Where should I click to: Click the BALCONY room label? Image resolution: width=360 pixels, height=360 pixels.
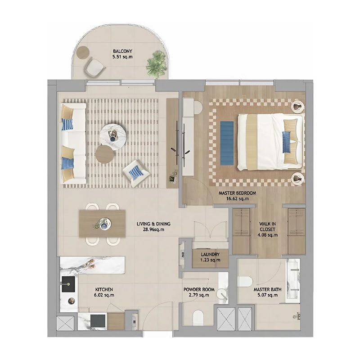122,51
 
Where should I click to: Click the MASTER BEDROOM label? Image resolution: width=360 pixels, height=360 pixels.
237,193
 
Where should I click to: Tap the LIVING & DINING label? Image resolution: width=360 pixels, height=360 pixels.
153,224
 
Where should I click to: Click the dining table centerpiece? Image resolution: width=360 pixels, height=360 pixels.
103,223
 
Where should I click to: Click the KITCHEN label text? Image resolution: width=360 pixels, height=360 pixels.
103,289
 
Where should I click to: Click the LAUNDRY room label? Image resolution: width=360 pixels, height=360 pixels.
210,255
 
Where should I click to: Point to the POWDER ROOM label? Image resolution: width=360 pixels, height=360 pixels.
198,289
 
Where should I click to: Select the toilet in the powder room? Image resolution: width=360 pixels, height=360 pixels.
198,318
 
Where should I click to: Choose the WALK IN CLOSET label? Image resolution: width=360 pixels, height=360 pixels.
267,229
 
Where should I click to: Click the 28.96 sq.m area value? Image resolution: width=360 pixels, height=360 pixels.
153,229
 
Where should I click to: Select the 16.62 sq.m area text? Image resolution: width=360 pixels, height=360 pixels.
237,198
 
